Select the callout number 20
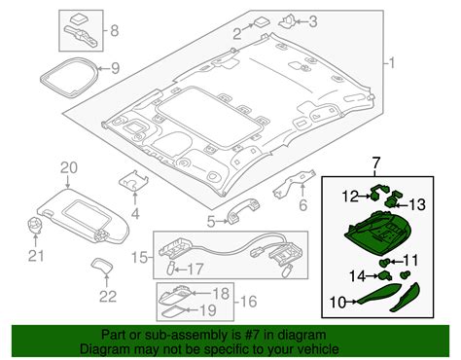[67, 167]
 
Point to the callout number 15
[139, 258]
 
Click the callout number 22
[108, 296]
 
